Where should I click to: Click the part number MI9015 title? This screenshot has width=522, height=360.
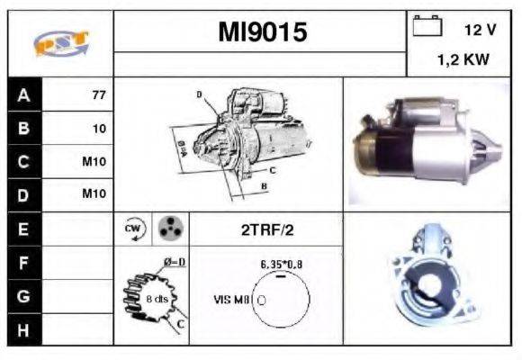[x=262, y=32]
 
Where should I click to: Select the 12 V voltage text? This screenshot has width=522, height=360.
[x=480, y=30]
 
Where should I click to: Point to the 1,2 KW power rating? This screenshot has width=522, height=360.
[x=464, y=60]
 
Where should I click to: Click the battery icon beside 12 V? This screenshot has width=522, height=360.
[x=426, y=27]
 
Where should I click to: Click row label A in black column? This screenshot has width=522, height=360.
[x=23, y=94]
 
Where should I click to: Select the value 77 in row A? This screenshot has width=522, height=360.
[x=97, y=94]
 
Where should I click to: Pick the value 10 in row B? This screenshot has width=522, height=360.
[x=99, y=129]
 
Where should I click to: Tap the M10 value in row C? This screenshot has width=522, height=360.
[x=94, y=163]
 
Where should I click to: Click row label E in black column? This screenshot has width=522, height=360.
[x=23, y=230]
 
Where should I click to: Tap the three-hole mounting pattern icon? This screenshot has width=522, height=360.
[x=168, y=229]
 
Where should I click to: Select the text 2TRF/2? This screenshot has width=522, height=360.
[x=267, y=230]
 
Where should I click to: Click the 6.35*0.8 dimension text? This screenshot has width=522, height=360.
[x=281, y=265]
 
